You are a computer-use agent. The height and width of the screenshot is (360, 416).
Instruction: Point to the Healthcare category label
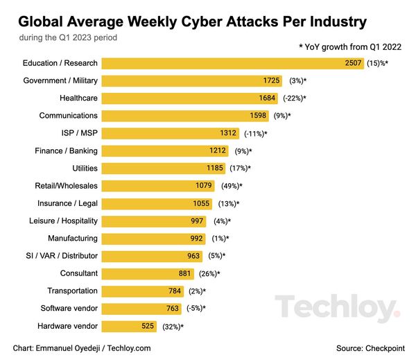78,98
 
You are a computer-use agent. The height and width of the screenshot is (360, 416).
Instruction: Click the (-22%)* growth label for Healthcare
293,98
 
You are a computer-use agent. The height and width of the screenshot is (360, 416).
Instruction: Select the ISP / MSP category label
78,133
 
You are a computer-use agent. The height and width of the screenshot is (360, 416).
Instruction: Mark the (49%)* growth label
231,186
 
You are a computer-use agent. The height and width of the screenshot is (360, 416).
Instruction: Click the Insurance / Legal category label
67,203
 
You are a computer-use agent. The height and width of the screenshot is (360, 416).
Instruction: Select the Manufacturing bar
153,239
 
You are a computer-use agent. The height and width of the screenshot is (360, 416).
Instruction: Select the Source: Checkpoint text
371,348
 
